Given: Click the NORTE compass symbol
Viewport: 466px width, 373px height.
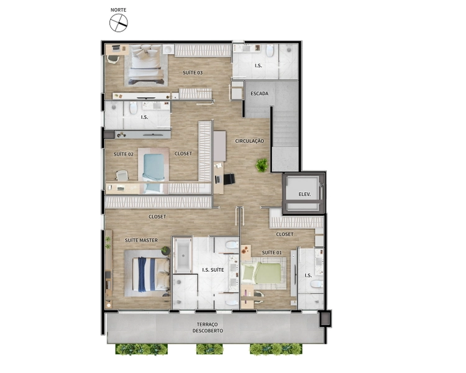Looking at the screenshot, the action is pos(119,23).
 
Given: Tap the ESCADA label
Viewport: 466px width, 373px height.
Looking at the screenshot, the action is pos(259,93).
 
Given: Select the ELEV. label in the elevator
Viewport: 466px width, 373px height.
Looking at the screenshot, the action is pos(304,194).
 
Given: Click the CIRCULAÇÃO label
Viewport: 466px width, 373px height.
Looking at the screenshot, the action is pos(249,141).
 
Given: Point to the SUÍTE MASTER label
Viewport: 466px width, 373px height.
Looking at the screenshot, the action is pos(141,240).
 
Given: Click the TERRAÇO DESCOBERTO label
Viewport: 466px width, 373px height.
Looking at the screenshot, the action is pos(208,328).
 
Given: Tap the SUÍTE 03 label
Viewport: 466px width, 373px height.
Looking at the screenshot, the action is pos(193,73).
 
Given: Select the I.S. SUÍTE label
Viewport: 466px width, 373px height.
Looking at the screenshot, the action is pos(213,270).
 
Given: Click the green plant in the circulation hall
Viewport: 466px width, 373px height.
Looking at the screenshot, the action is pos(262,165).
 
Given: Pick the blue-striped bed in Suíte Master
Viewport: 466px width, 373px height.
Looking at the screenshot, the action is pos(151,274).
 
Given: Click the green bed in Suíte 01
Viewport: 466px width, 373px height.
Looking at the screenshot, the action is pos(261,274).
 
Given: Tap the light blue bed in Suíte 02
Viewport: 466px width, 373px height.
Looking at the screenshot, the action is pos(153,173).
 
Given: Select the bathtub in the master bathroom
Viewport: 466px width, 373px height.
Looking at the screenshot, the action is pos(183,256).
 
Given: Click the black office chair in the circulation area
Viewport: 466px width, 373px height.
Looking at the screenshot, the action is pos(229,179).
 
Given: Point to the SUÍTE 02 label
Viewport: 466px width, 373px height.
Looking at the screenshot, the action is pos(124,154).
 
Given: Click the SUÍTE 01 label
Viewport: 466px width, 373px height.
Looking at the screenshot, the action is pos(272,252).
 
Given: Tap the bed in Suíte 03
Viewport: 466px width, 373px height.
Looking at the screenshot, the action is pos(146,65).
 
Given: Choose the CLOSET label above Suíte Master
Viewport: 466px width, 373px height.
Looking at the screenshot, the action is pos(157,216).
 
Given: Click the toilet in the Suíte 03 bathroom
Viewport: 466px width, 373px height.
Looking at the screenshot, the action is pos(270,50).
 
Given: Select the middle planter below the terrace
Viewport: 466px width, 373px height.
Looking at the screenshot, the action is pos(209,349).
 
